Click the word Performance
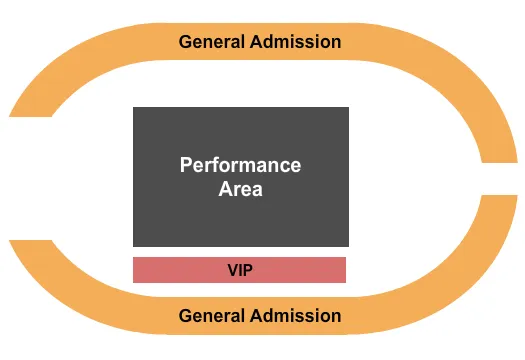tap(240, 165)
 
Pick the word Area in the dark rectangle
tap(240, 188)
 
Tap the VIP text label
tap(240, 270)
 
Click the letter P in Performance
tap(186, 165)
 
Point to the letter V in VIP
tap(232, 270)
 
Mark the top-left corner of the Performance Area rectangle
tap(134, 108)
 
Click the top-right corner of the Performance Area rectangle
tap(348, 108)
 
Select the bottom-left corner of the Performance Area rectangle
tap(134, 246)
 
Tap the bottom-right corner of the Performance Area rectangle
tap(348, 246)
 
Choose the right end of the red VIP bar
tap(344, 270)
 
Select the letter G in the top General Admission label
tap(185, 42)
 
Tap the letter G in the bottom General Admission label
tap(185, 316)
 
